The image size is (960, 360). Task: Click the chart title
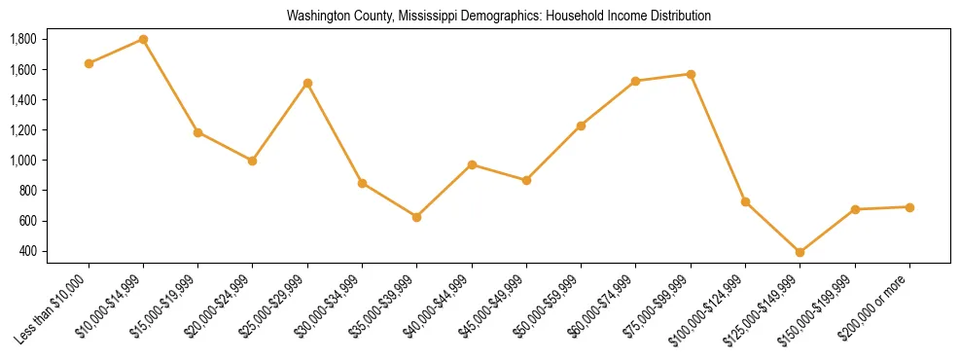tap(499, 17)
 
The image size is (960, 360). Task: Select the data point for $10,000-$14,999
tap(143, 40)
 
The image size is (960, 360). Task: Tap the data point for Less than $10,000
tap(89, 63)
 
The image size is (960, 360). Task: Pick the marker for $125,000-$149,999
tap(800, 252)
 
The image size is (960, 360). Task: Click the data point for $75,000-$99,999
tap(691, 74)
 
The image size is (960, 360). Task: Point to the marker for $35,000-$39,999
tap(416, 217)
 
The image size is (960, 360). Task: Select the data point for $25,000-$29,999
tap(307, 83)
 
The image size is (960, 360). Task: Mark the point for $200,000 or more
tap(909, 207)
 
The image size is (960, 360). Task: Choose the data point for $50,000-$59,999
tap(581, 126)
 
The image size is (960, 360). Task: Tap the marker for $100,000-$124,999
tap(745, 201)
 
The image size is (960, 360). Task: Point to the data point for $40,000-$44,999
tap(472, 164)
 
